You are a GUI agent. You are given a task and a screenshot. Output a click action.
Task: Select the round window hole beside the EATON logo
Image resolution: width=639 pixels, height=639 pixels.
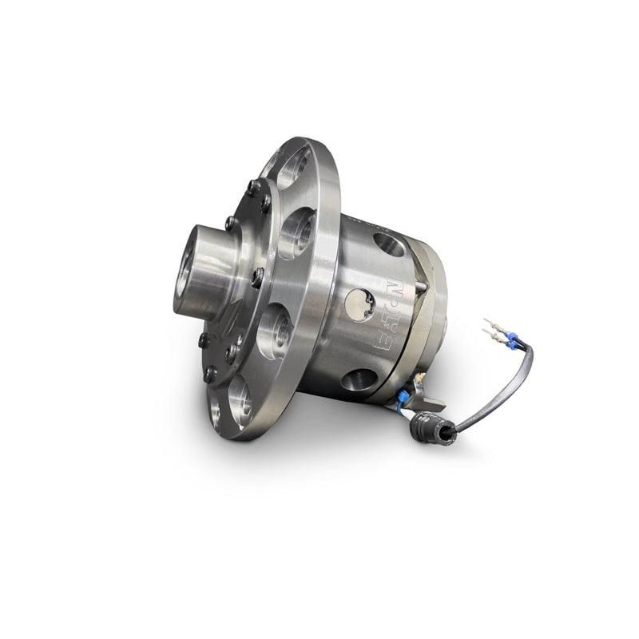[359, 304]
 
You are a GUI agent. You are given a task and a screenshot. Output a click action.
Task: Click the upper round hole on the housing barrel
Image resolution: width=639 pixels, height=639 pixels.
[389, 244]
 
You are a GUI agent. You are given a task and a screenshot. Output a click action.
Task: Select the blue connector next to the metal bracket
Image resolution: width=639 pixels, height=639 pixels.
[405, 397]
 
